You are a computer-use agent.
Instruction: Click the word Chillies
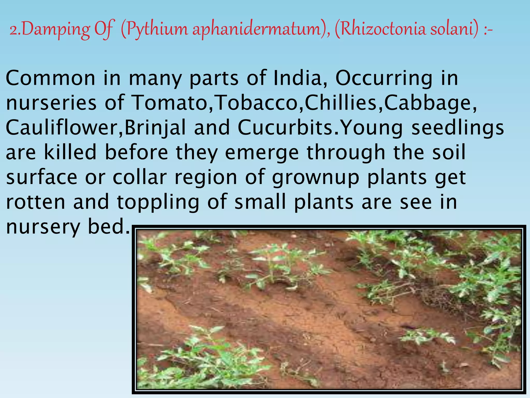pyautogui.click(x=343, y=103)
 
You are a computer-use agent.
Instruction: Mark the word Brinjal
pyautogui.click(x=155, y=128)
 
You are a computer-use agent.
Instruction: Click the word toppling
pyautogui.click(x=158, y=202)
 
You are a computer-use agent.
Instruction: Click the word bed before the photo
pyautogui.click(x=109, y=227)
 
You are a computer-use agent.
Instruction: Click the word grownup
pyautogui.click(x=316, y=178)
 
